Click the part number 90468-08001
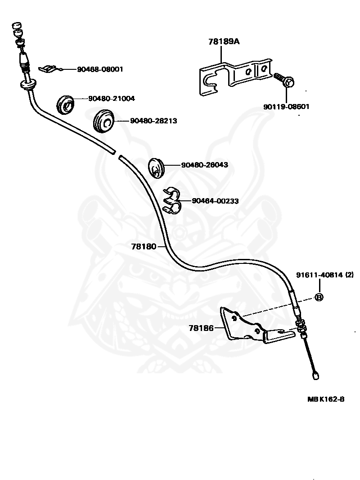[x=100, y=69]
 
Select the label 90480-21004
[x=111, y=99]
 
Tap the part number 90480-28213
[x=153, y=121]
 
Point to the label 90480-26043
[x=205, y=165]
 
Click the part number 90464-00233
[x=216, y=201]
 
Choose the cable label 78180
[x=144, y=246]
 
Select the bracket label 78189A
[x=224, y=41]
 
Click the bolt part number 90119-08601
[x=286, y=107]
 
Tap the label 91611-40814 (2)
[x=325, y=275]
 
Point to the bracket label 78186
[x=201, y=328]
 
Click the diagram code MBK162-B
[x=326, y=399]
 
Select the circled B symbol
[x=319, y=297]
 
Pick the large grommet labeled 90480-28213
[x=103, y=121]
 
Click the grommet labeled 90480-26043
[x=157, y=168]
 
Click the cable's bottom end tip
[x=315, y=376]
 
